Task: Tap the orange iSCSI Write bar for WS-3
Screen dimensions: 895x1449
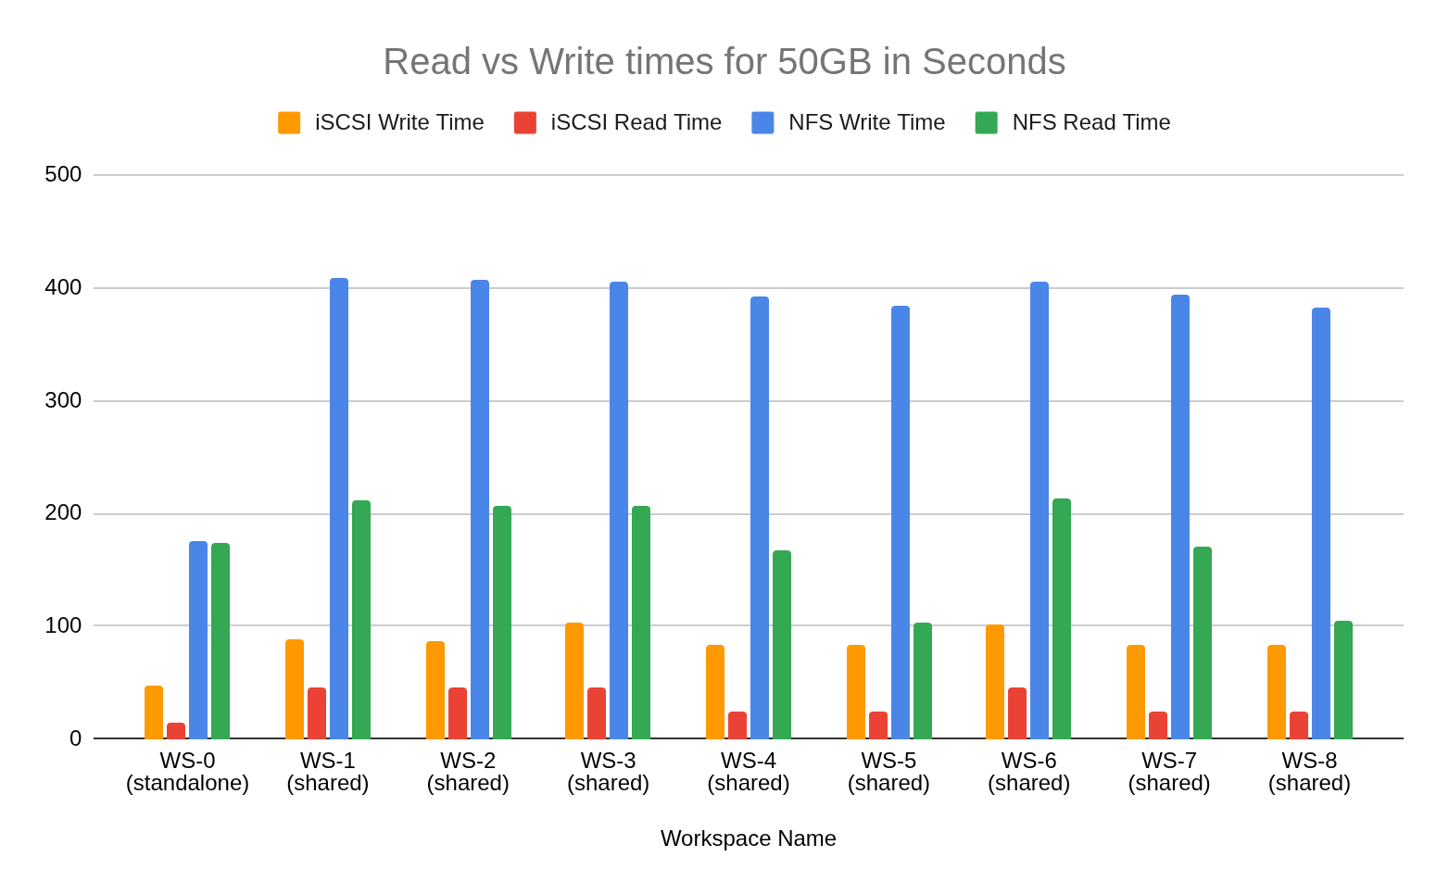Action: point(574,680)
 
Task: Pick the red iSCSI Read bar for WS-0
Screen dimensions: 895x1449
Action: point(176,730)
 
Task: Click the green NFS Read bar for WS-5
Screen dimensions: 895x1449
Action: point(923,680)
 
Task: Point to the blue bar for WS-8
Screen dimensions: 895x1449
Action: point(1321,523)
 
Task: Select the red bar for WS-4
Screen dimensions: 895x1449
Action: point(737,725)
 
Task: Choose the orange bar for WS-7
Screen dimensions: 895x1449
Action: point(1136,691)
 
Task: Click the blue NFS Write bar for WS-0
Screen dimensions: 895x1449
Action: point(198,639)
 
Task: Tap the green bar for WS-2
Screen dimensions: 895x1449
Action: point(502,622)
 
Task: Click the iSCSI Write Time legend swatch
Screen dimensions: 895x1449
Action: point(289,122)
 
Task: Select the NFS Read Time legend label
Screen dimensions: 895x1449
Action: point(1090,122)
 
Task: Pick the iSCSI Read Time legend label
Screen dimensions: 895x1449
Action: point(636,122)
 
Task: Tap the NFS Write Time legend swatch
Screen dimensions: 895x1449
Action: point(762,122)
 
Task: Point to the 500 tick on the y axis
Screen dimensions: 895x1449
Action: point(63,174)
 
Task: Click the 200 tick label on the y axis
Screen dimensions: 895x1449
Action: point(63,512)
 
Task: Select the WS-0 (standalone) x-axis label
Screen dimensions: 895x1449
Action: point(187,772)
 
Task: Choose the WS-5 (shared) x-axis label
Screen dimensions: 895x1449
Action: point(888,772)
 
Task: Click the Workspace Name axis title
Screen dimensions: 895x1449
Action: point(748,838)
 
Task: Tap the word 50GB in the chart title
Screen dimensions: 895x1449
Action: point(825,62)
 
